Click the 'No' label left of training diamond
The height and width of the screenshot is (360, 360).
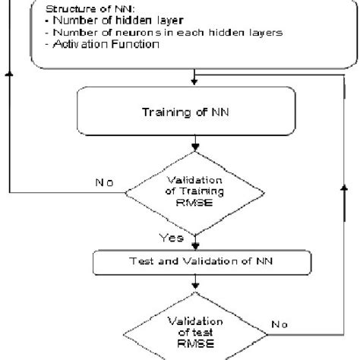104,183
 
